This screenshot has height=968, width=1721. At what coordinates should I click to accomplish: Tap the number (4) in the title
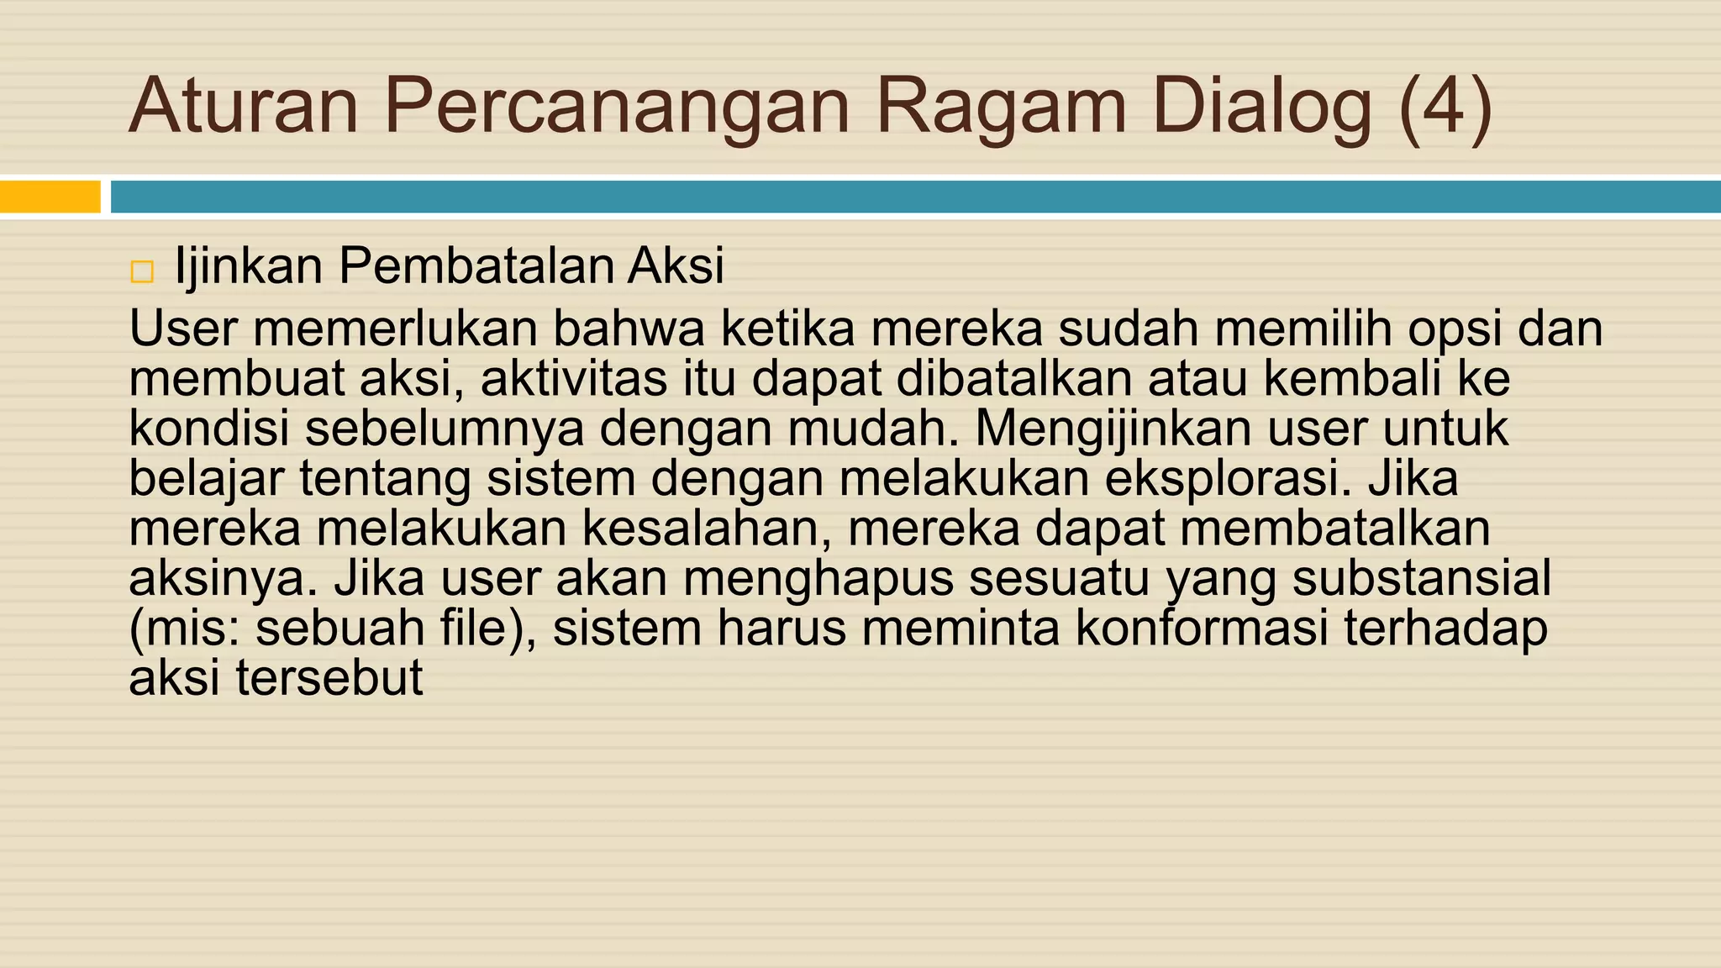pos(1446,108)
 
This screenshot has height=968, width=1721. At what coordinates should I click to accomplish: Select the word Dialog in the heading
pos(1261,108)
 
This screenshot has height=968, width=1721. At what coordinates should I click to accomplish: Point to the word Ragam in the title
pos(1000,108)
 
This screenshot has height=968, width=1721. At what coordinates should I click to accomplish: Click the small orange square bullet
pos(142,272)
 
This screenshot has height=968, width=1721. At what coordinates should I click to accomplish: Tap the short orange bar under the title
pos(50,197)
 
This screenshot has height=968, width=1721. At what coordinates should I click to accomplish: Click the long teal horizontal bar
pos(915,197)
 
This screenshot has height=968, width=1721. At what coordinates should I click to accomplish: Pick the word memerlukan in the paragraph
pos(395,328)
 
